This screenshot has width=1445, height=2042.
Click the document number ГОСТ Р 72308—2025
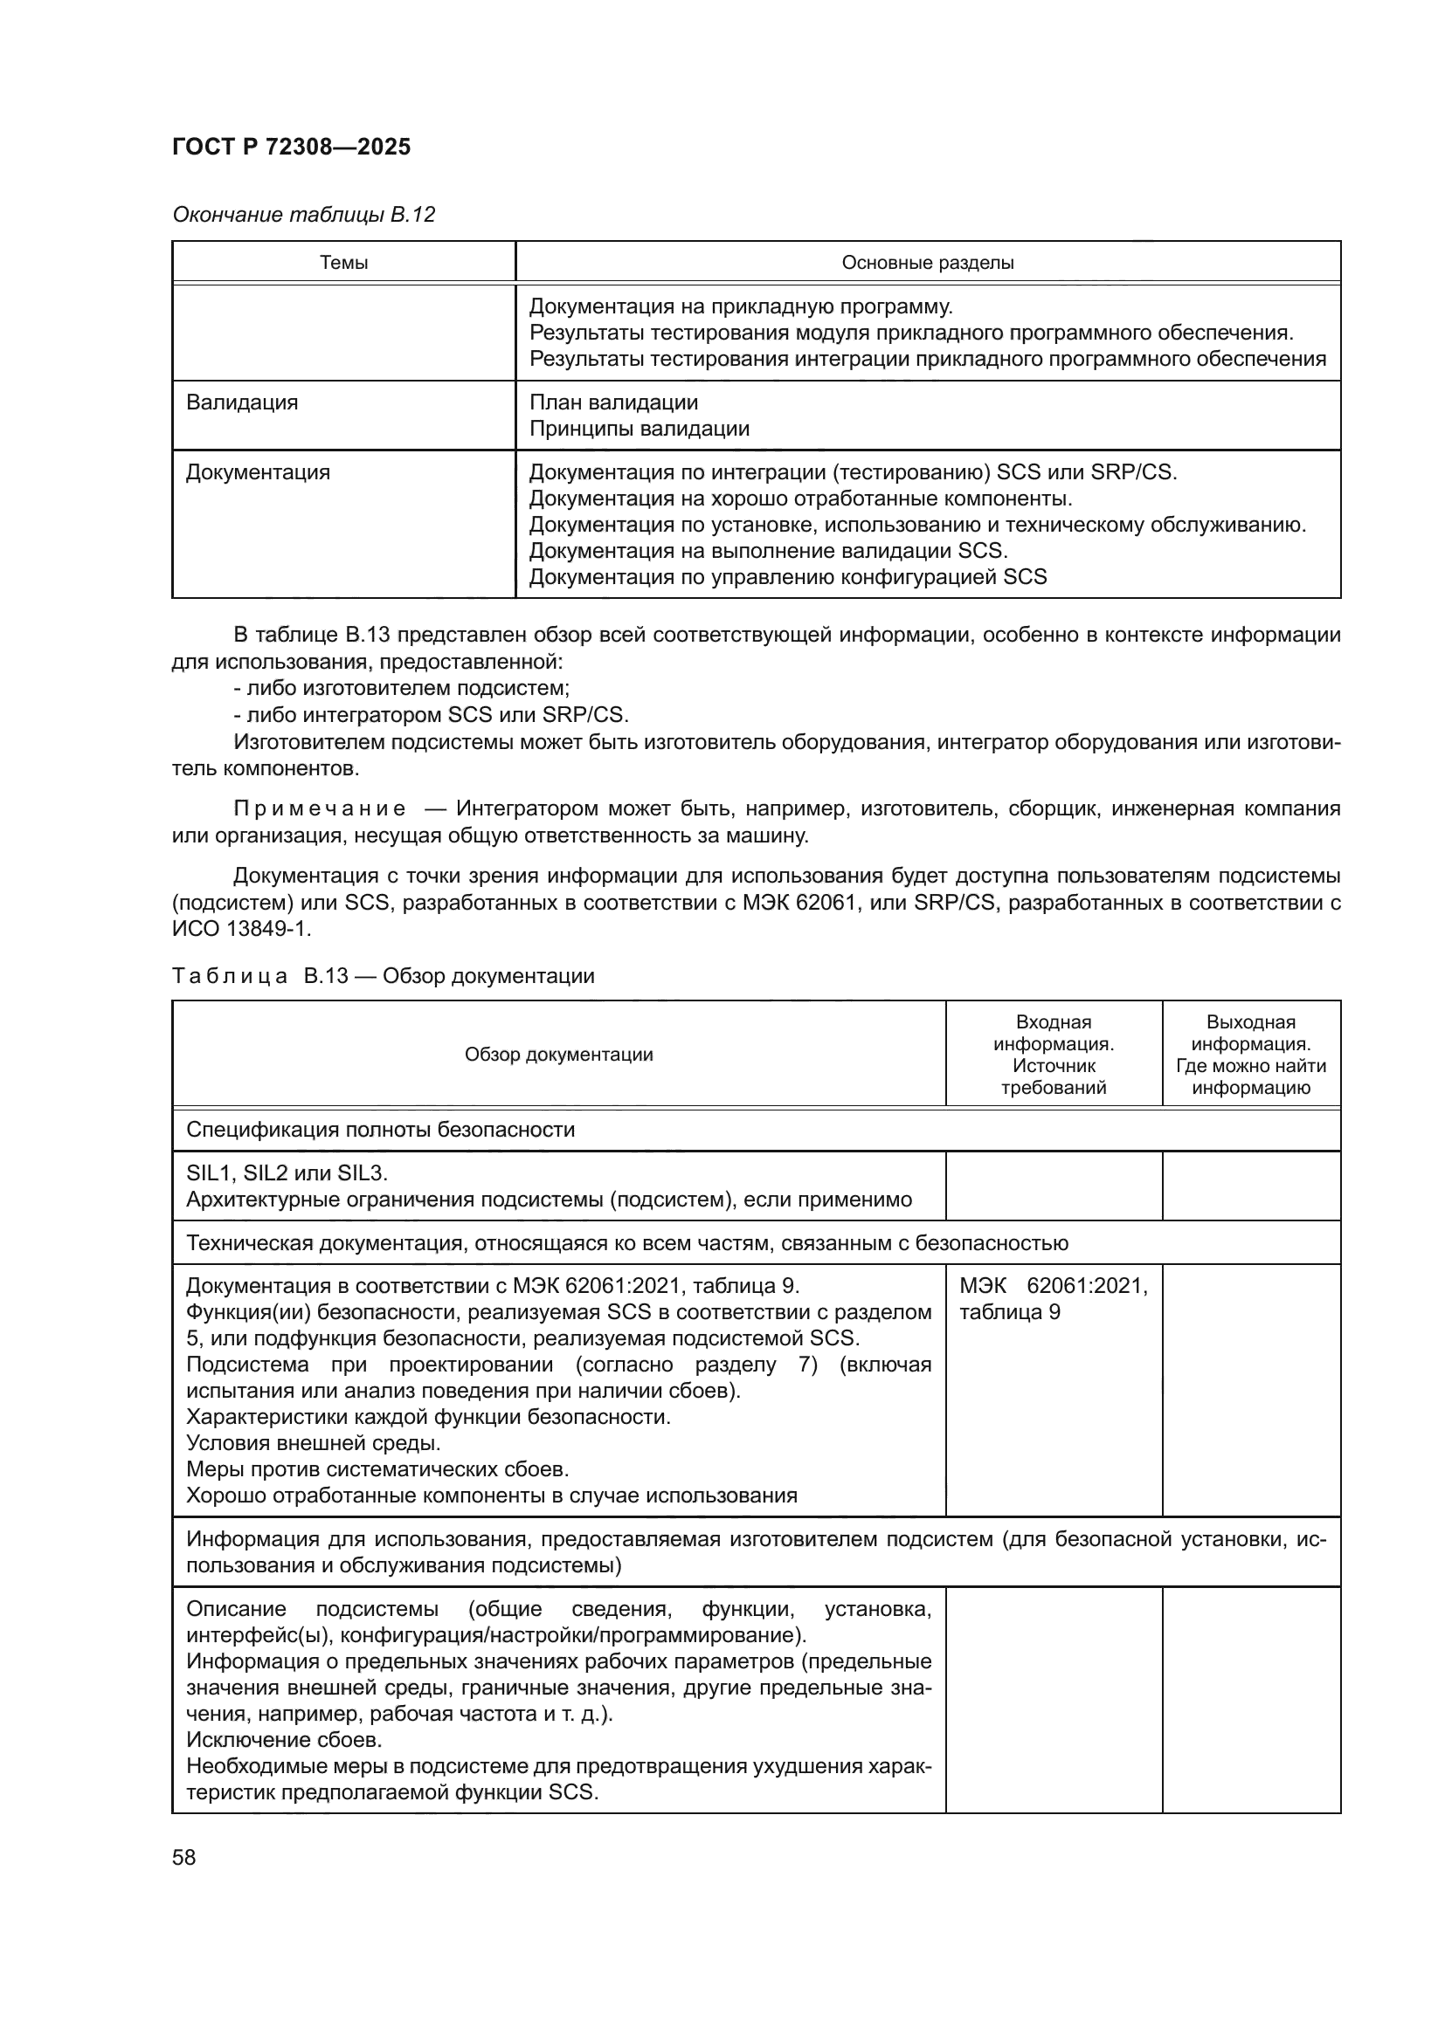click(291, 148)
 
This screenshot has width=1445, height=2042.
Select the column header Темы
click(343, 263)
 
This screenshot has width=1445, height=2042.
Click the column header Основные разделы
click(927, 263)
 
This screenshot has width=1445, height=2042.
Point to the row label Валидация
click(242, 402)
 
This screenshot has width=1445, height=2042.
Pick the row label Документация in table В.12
click(258, 472)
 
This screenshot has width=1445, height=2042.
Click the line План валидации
click(614, 402)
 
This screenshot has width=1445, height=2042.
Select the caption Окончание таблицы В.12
click(303, 215)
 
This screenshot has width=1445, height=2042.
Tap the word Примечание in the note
click(320, 808)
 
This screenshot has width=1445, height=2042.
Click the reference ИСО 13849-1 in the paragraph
click(241, 930)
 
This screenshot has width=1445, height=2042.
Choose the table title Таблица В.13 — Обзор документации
click(383, 976)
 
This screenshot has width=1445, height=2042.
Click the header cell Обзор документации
click(559, 1055)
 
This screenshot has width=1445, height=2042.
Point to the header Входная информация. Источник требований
click(1054, 1055)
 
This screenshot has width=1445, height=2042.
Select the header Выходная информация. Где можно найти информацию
click(1251, 1055)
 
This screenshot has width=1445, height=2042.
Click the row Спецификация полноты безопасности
click(381, 1131)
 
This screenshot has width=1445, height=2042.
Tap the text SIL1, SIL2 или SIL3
click(287, 1173)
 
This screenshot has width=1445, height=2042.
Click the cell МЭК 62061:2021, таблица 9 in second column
click(1054, 1298)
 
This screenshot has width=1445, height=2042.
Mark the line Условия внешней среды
click(314, 1442)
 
